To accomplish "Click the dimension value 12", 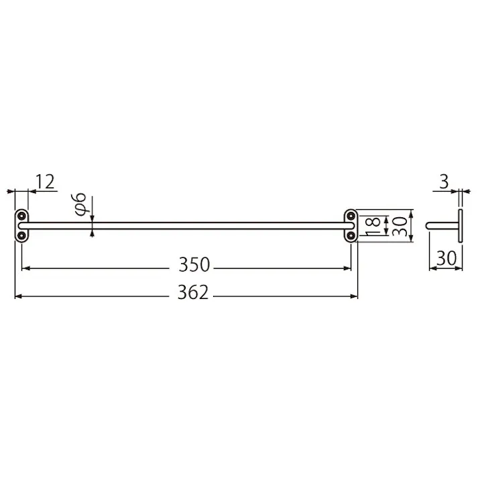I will pos(44,181).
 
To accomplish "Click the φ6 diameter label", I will pos(79,203).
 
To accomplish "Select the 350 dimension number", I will pos(194,265).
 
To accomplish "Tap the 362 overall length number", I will pos(194,293).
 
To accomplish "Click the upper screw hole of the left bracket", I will pos(21,215).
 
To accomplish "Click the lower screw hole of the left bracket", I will pos(21,235).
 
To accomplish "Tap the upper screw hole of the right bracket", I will pos(351,215).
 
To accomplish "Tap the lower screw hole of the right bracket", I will pos(351,235).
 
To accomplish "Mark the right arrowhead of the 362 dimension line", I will pos(355,295).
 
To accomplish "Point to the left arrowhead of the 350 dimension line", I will pos(25,268).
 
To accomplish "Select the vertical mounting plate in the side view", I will pos(461,225).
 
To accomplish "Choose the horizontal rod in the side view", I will pos(442,225).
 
